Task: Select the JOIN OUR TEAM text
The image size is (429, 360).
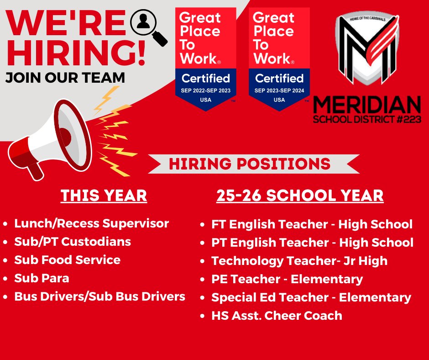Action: tap(65, 77)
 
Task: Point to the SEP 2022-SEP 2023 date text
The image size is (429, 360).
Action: tap(206, 91)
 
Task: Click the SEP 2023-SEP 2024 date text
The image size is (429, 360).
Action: tap(279, 91)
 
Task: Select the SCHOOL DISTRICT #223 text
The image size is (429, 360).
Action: tap(367, 120)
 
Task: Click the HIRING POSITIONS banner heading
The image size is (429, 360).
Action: tap(250, 164)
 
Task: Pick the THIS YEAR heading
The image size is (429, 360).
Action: tap(104, 196)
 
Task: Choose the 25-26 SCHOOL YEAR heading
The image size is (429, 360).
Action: tap(300, 196)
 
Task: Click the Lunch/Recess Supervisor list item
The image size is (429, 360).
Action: tap(92, 223)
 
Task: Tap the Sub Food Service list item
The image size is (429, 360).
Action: tap(68, 260)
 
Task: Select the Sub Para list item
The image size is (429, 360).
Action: tap(42, 278)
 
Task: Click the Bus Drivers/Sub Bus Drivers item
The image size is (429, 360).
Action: tap(100, 296)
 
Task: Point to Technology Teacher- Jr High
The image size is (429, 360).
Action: tap(299, 261)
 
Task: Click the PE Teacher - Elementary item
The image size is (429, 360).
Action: tap(287, 279)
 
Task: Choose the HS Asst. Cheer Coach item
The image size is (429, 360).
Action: tap(277, 315)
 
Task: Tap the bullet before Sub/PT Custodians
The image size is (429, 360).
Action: tap(5, 242)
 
